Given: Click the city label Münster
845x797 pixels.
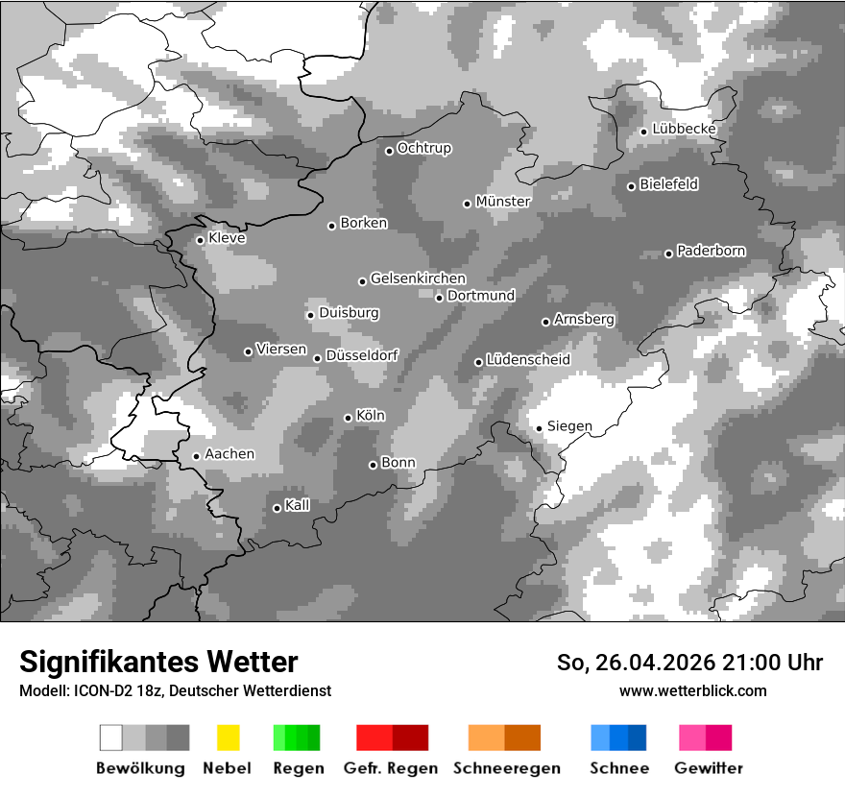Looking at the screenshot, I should click(x=502, y=202).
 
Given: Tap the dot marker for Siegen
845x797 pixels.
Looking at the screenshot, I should click(x=540, y=428).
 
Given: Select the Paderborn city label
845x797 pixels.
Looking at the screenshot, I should click(x=711, y=252).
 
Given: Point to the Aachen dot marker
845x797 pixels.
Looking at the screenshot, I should click(x=196, y=456).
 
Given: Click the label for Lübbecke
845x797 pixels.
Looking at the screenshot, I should click(x=684, y=129).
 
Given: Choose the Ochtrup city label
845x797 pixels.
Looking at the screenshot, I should click(x=423, y=149).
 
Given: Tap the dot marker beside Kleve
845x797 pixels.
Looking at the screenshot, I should click(x=200, y=240).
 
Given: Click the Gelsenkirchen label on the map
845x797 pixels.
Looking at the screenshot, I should click(x=418, y=279).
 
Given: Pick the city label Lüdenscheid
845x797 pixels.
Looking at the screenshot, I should click(x=528, y=360).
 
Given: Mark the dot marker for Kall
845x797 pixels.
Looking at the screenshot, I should click(x=277, y=508).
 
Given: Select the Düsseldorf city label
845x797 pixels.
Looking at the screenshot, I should click(x=362, y=356).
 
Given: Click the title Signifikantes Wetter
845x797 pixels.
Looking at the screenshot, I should click(x=158, y=662).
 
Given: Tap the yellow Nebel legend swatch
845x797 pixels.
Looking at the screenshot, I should click(x=228, y=737).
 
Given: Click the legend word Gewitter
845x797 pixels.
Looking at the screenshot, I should click(x=709, y=768).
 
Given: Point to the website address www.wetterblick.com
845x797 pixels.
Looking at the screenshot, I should click(x=692, y=690).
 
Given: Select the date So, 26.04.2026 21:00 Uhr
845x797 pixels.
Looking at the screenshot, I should click(x=689, y=663).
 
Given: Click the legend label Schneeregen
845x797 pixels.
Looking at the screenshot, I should click(x=505, y=768).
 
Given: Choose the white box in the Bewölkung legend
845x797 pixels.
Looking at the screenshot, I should click(x=111, y=737).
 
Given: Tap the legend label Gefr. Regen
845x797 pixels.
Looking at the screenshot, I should click(x=391, y=768).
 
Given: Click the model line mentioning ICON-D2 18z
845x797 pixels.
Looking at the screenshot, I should click(x=175, y=690).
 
